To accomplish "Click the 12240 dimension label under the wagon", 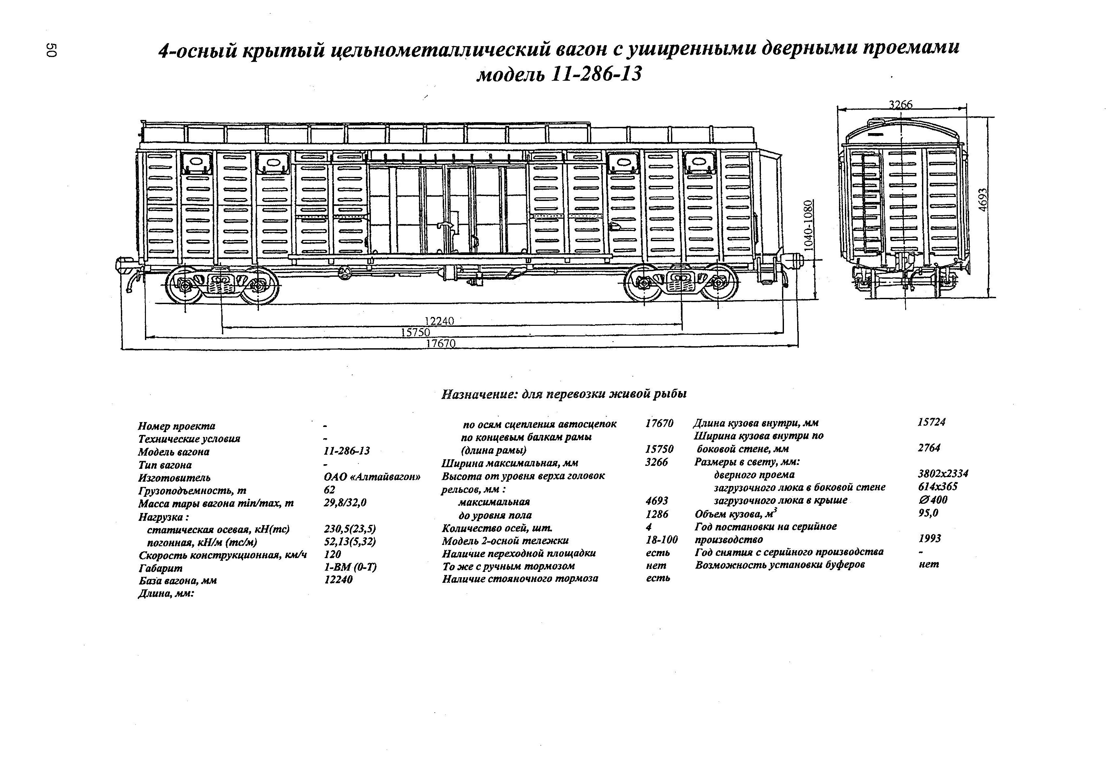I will click(439, 321).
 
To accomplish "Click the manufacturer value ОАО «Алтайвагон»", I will click(373, 477).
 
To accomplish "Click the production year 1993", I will click(929, 538).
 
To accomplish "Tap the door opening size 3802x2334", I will click(943, 473).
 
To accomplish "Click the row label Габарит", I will click(160, 568).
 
